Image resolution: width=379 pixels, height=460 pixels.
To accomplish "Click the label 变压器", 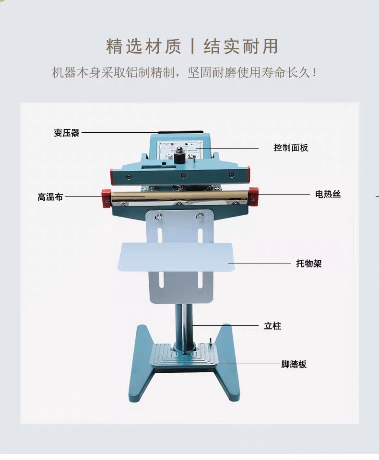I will (67, 133).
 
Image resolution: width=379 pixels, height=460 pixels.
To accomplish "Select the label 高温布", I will (50, 196).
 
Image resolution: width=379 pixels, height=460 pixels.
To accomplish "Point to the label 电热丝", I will (328, 194).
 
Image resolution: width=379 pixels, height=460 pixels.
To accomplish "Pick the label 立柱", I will (272, 326).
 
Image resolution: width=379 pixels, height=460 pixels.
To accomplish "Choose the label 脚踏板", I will (294, 364).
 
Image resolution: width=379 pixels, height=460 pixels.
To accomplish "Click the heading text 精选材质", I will (144, 46).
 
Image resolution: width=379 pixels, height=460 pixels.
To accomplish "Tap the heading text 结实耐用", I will (241, 46).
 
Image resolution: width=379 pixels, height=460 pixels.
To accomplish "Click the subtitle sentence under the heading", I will (184, 73).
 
